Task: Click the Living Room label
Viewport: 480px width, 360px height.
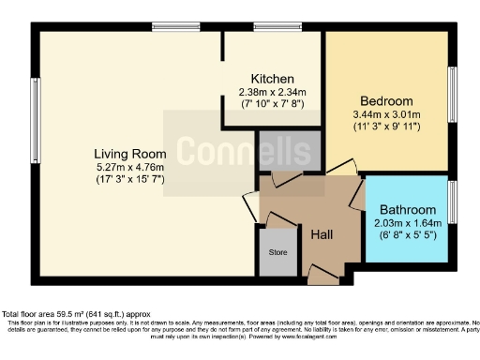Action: pos(129,154)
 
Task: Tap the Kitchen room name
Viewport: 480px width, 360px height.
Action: pos(272,78)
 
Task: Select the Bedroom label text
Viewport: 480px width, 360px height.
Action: pos(386,101)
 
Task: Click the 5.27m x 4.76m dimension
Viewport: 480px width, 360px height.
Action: pos(129,167)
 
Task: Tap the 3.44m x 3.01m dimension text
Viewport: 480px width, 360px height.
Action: pos(386,114)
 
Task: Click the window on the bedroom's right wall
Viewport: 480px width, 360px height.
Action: pos(452,94)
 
